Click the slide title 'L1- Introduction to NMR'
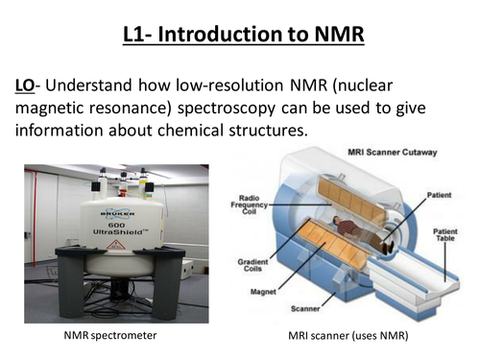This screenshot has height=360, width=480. click(x=240, y=37)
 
